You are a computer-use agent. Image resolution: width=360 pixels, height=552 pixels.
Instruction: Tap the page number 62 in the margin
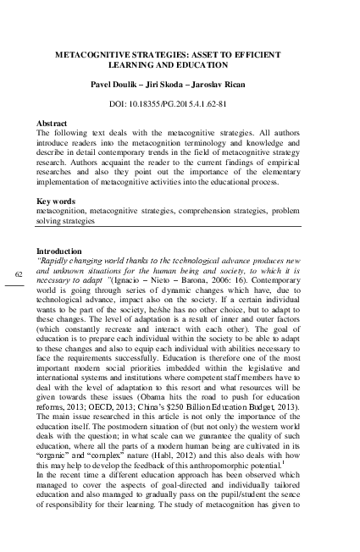20,274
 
